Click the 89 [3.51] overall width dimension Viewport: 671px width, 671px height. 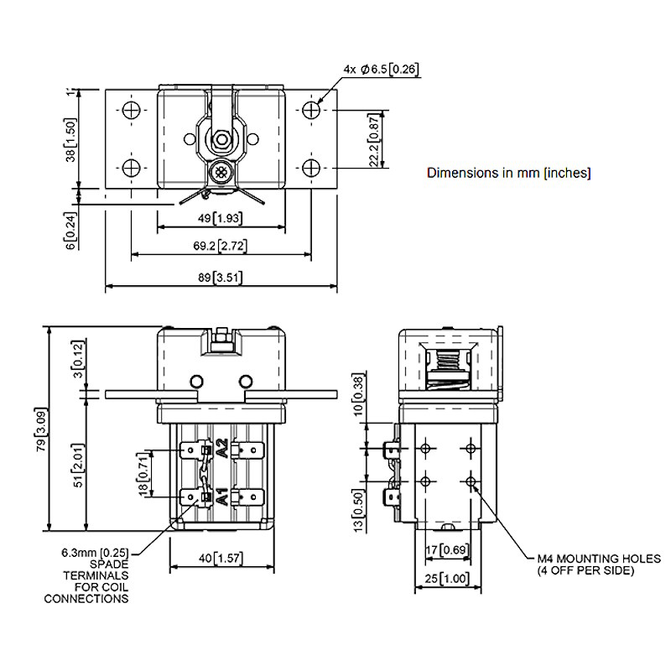220,278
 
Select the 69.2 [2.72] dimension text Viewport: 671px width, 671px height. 221,247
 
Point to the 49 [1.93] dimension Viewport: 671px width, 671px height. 221,218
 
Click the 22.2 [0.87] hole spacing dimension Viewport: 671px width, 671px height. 374,138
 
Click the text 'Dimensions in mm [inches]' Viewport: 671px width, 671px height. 509,174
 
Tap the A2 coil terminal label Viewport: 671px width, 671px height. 221,448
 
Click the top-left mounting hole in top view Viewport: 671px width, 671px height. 129,110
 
